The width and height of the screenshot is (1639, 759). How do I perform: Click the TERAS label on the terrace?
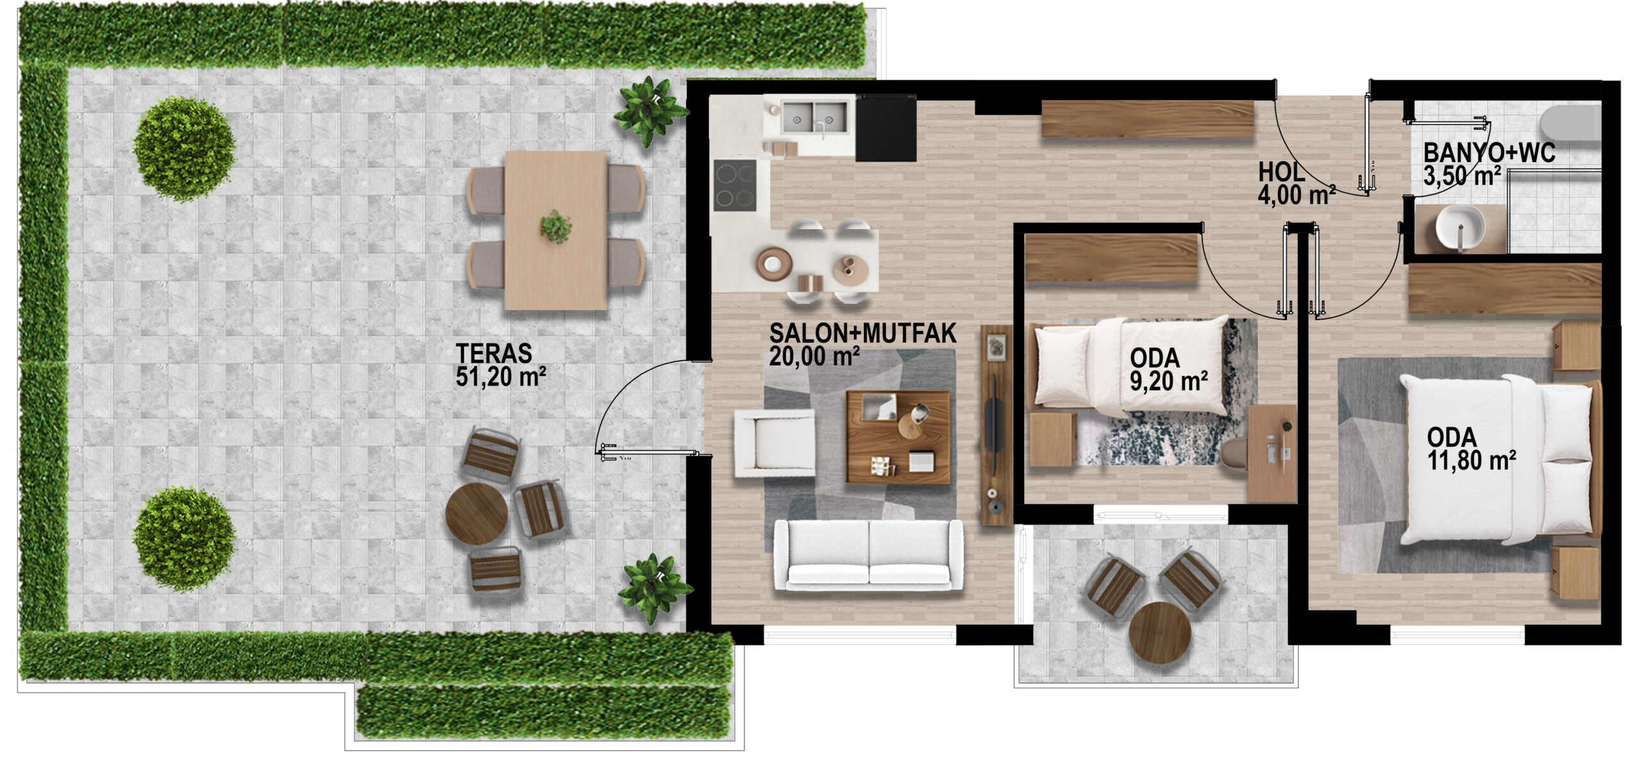[x=494, y=354]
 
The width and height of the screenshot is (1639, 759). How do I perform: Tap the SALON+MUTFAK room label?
[x=862, y=333]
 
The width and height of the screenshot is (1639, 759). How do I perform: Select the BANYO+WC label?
[x=1489, y=153]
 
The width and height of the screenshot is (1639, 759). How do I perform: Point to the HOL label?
[x=1281, y=172]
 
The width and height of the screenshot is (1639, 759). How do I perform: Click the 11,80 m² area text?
[x=1471, y=461]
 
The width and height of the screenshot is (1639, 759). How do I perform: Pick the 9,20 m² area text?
[x=1168, y=381]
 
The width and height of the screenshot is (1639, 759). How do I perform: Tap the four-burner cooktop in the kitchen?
[x=735, y=185]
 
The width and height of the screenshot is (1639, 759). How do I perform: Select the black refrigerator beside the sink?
[x=885, y=128]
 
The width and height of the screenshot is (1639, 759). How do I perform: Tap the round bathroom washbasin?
[x=1459, y=229]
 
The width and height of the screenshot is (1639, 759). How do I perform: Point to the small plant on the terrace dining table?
[x=555, y=227]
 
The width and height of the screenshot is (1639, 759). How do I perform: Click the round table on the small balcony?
[x=1159, y=633]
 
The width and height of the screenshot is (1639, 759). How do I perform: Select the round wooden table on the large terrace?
[x=476, y=514]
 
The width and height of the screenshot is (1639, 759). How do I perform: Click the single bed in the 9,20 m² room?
[x=1127, y=365]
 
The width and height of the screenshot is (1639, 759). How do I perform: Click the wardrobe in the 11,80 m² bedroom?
[x=1505, y=289]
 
